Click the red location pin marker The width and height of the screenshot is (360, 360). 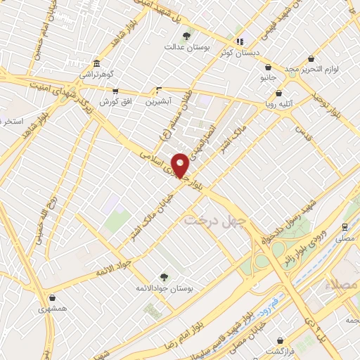[180, 165]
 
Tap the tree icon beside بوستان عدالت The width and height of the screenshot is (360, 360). [186, 36]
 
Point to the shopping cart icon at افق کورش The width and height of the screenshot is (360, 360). [115, 91]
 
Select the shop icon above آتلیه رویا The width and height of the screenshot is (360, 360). [278, 92]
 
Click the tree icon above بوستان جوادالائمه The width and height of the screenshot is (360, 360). [164, 277]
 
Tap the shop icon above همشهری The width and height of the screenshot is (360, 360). [53, 297]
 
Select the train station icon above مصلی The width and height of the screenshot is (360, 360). [345, 227]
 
